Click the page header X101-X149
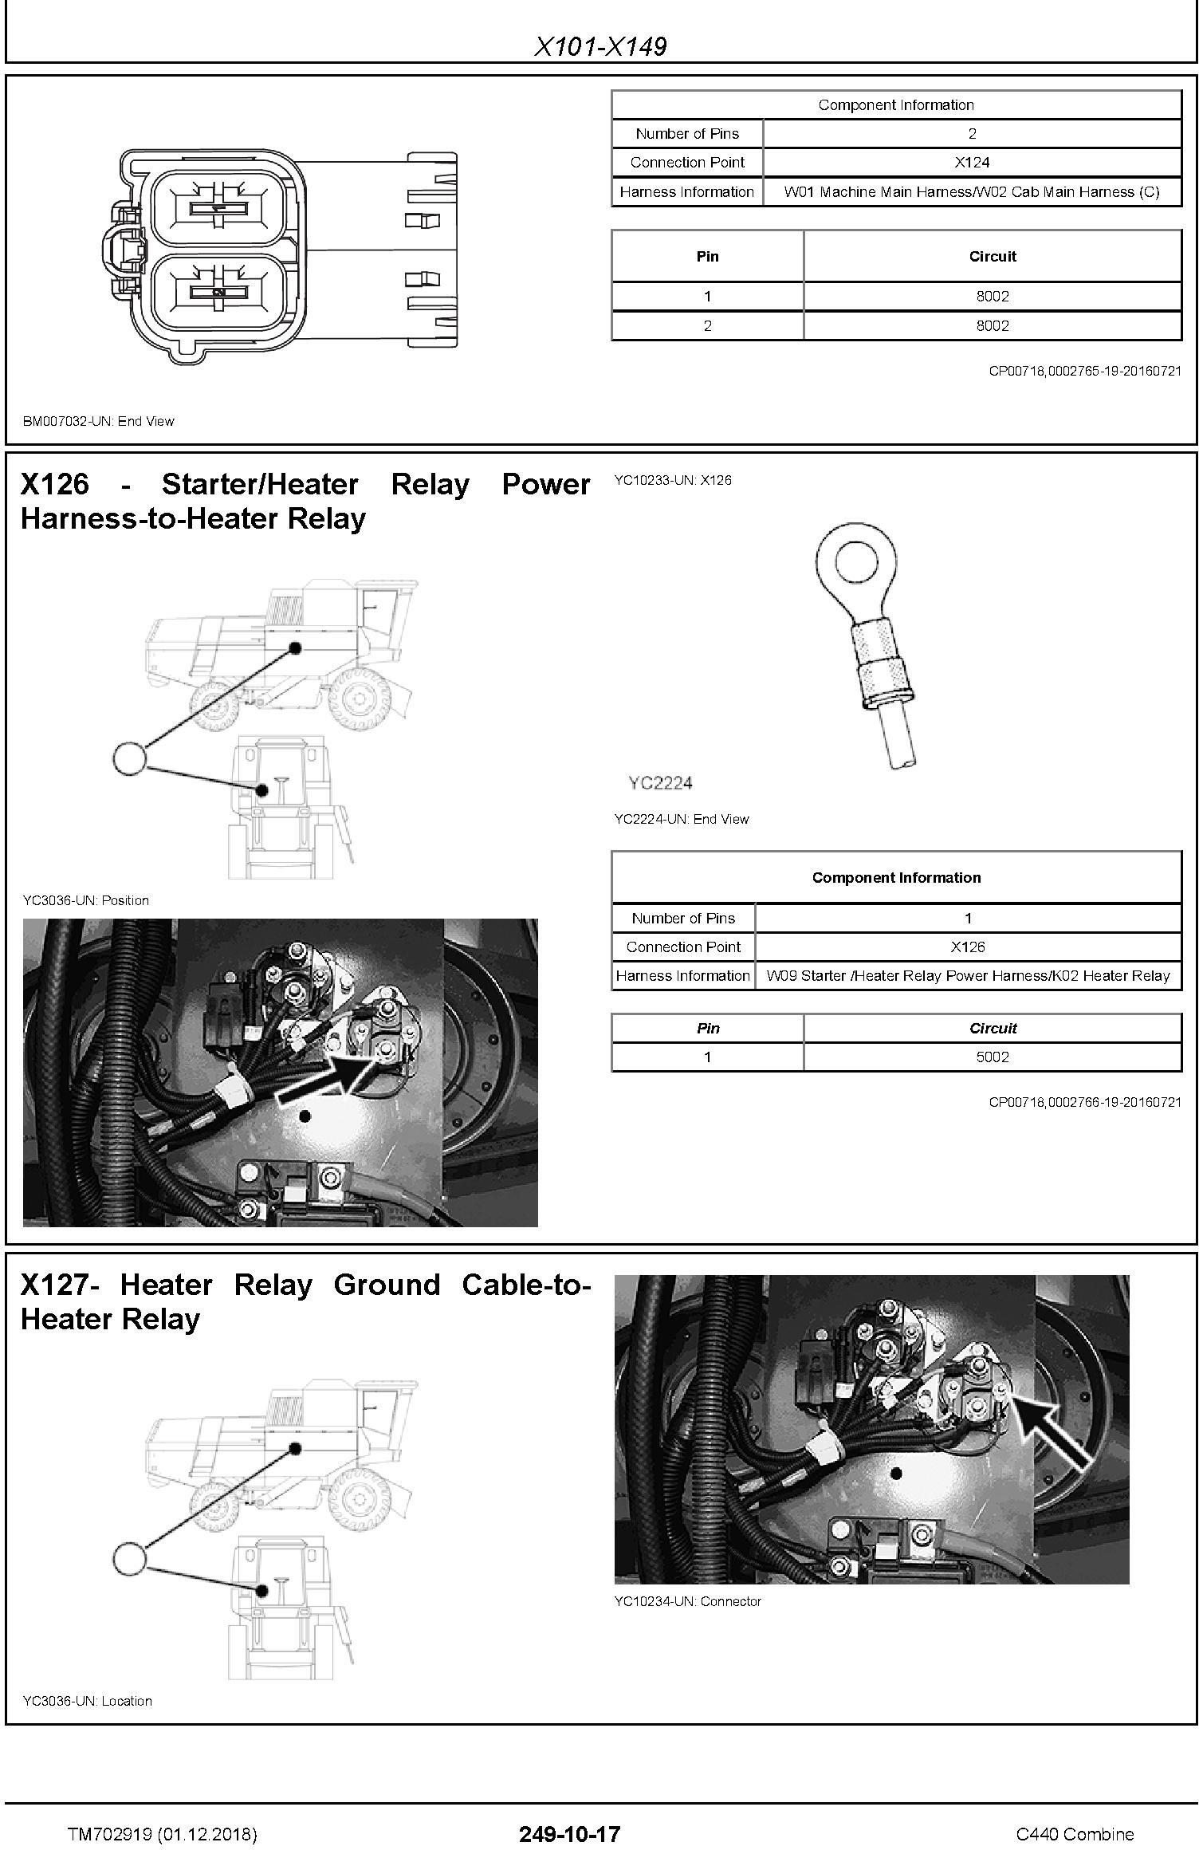599,46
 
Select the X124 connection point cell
972,163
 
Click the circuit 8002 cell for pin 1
993,297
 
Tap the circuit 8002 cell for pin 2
993,326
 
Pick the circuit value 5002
993,1057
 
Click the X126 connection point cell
968,947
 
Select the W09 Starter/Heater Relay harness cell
968,976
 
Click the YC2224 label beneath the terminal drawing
660,783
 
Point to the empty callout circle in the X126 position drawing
130,758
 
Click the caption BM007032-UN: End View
98,421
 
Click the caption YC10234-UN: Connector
687,1601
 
